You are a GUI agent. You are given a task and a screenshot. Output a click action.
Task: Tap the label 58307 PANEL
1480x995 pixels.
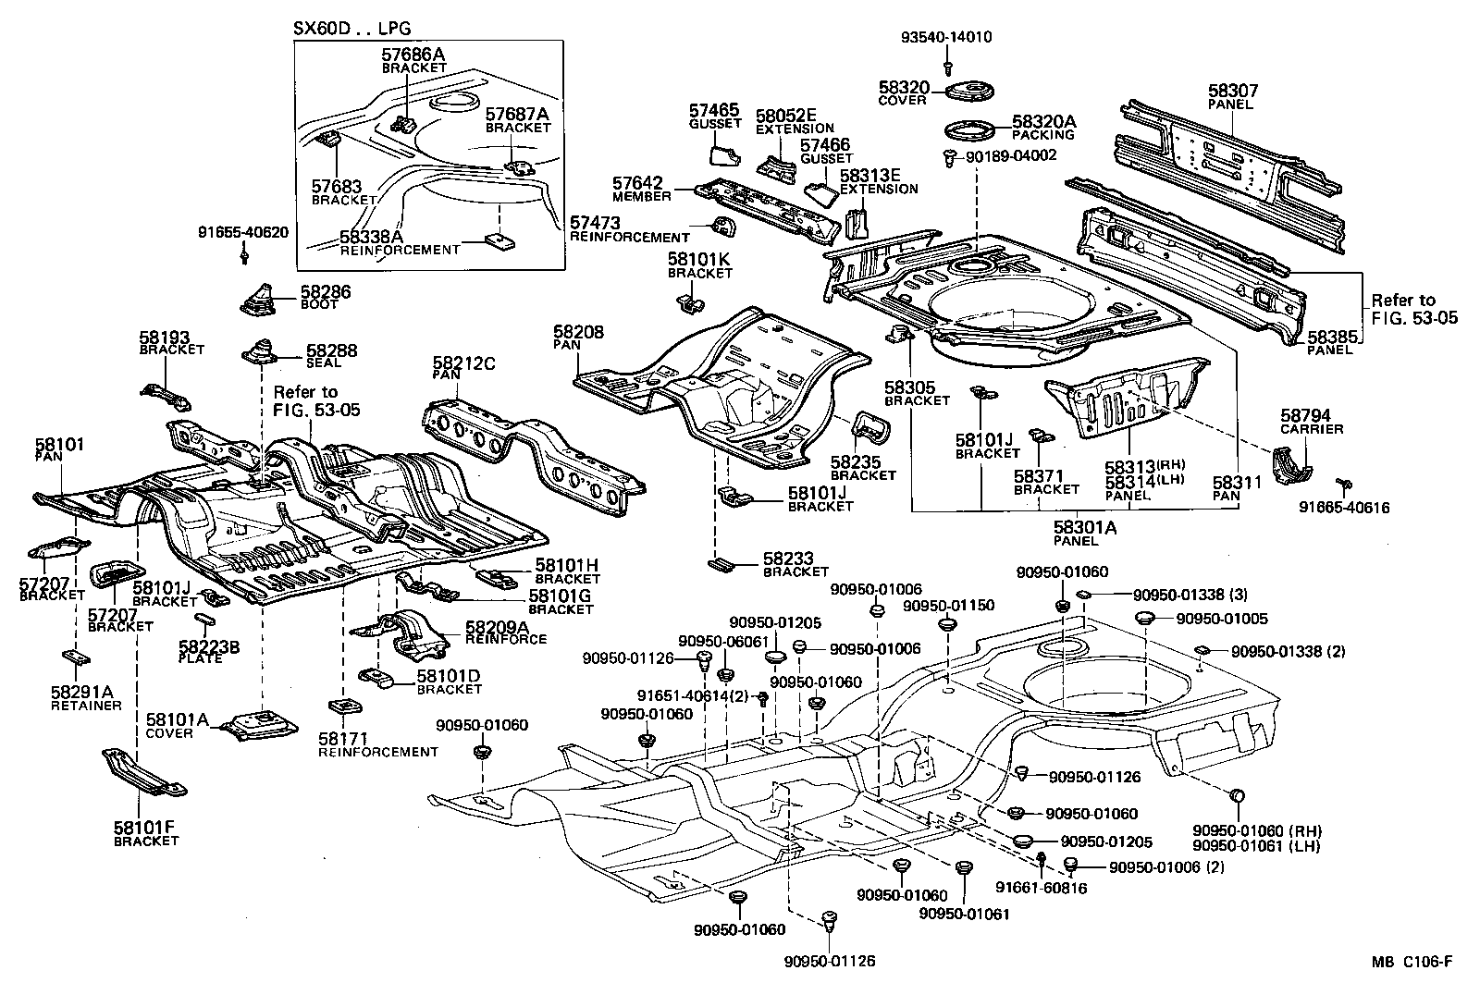1232,97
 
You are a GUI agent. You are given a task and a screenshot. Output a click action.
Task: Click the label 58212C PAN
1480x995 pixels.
463,368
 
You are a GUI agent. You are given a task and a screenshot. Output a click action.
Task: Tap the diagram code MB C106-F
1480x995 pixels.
1412,962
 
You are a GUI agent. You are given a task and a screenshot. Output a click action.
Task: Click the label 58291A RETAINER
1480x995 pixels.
85,696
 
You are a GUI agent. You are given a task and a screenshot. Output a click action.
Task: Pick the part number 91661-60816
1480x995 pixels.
1041,888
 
